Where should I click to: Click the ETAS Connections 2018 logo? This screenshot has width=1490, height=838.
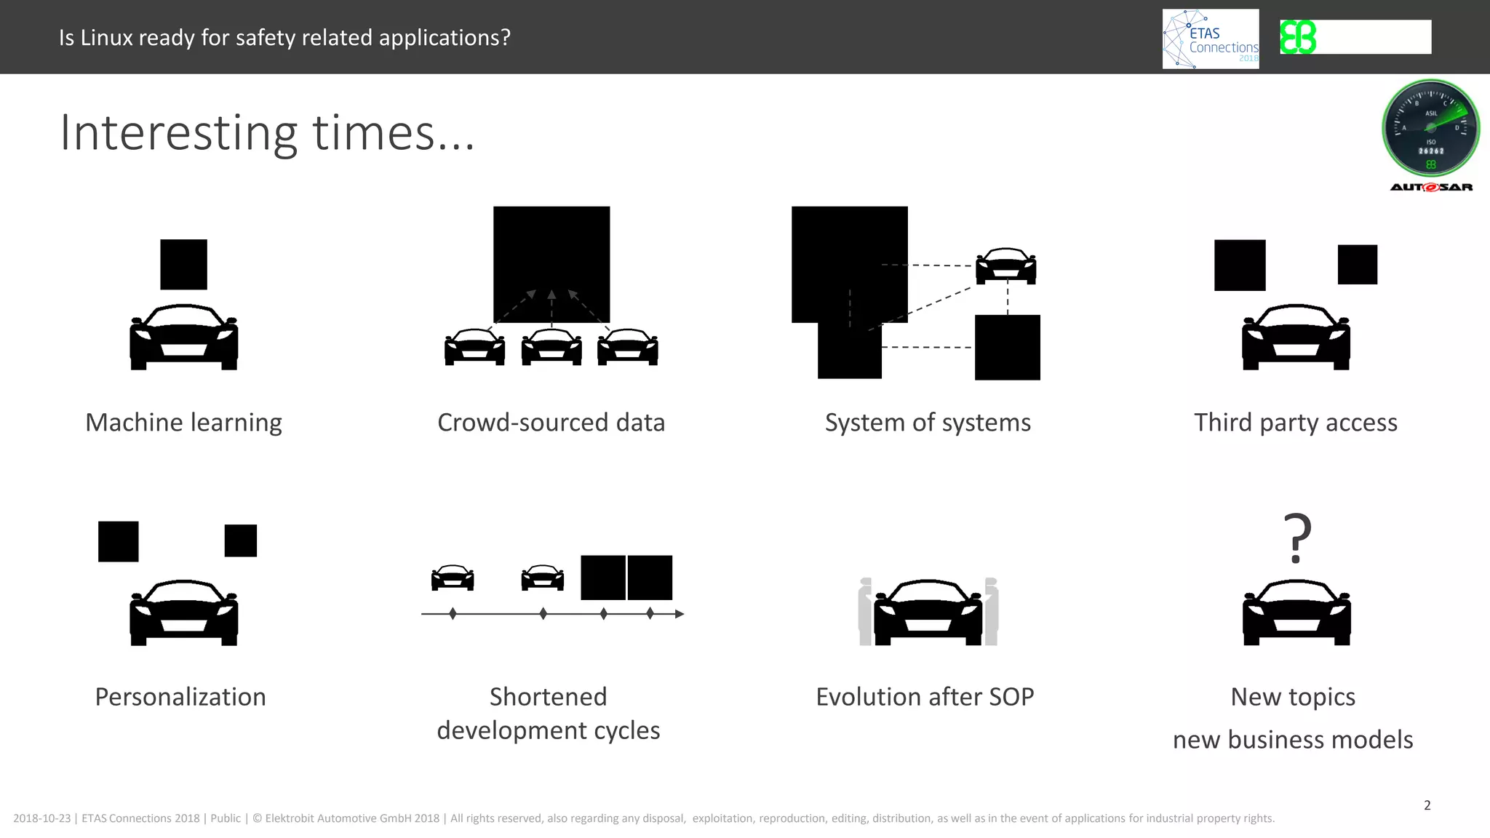coord(1211,39)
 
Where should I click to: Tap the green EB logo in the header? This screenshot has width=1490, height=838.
coord(1298,37)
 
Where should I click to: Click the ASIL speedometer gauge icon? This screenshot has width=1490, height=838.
coord(1430,128)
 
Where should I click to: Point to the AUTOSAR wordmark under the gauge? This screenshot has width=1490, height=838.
coord(1431,188)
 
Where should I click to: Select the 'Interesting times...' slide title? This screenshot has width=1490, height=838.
coord(267,133)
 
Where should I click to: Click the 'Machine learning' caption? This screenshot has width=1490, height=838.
coord(183,423)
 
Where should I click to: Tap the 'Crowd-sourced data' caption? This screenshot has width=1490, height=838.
coord(551,423)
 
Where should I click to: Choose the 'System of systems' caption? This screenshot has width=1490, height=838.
coord(928,423)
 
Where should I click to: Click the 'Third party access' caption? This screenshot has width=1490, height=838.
coord(1295,423)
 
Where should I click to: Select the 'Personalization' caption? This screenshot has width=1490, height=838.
coord(180,697)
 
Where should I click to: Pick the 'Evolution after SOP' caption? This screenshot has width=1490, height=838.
coord(925,697)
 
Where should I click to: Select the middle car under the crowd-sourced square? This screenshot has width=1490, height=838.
coord(551,347)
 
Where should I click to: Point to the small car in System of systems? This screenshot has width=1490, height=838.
coord(1005,266)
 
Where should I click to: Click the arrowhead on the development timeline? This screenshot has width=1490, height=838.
coord(680,614)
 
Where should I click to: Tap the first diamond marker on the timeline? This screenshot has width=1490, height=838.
coord(453,614)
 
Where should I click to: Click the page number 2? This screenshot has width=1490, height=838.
coord(1427,805)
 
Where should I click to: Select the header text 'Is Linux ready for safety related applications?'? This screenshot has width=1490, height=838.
coord(284,38)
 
